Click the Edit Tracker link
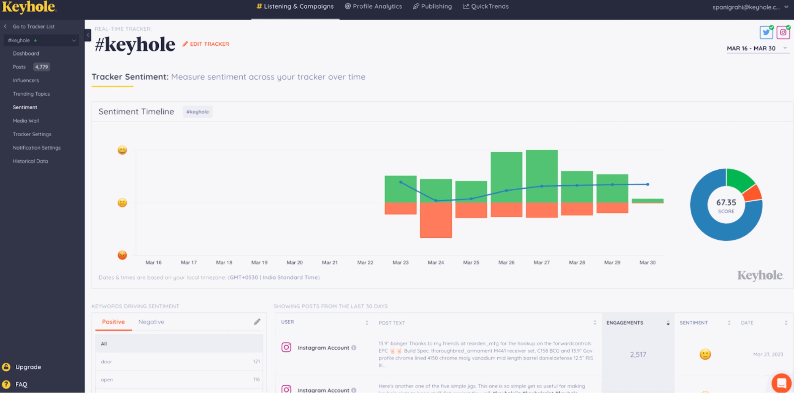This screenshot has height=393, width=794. pos(206,44)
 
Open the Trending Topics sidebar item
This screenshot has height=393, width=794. pos(31,94)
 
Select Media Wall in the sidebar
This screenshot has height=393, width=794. pos(26,121)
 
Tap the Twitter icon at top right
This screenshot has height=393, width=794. pos(766,33)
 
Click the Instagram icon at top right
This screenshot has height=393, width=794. pos(783,33)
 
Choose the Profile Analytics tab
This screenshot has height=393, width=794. pos(373,6)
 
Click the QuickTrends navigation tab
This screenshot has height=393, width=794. pos(486,6)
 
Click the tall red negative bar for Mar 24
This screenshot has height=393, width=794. pos(436,220)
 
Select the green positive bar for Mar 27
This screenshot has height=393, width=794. pos(541,167)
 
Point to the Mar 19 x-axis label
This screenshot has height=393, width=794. pos(259,263)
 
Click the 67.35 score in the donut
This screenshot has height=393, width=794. pos(726,203)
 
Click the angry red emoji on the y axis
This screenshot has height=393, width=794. pos(122,255)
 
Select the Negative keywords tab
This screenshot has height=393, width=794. pos(151,322)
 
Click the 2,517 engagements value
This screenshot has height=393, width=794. pos(638,354)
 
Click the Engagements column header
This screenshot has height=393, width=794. pos(625,323)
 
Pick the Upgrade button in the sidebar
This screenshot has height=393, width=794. pos(28,367)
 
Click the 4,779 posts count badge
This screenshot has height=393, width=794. pos(41,67)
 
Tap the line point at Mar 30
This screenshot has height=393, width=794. pos(647,184)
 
